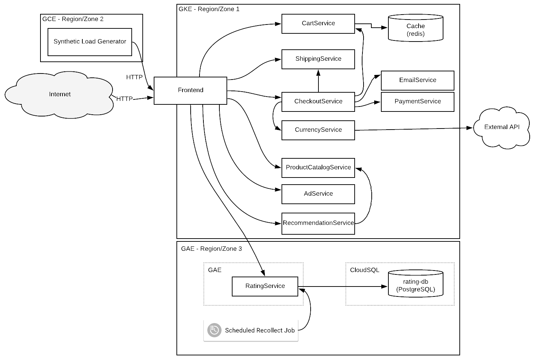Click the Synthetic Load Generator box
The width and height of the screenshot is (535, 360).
pos(90,42)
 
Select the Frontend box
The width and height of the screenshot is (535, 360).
pos(190,91)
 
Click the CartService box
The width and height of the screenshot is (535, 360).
pos(318,24)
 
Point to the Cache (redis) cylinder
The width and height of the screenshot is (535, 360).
pos(415,28)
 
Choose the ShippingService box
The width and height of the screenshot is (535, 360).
pos(318,59)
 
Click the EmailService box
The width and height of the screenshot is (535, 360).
pos(417,81)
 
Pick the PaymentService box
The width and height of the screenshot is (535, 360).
pos(417,102)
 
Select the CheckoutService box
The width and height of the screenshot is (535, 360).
pos(318,102)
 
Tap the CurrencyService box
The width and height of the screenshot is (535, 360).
pos(318,130)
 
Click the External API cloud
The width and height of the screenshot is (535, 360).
pos(502,127)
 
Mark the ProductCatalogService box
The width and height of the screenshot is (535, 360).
pos(318,168)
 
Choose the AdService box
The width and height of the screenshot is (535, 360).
pos(318,194)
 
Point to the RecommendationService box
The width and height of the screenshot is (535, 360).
pos(318,224)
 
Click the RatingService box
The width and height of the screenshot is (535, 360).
pos(265,287)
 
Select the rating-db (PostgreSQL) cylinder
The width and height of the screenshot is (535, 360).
pos(415,284)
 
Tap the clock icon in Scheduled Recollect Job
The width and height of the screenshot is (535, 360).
pos(214,330)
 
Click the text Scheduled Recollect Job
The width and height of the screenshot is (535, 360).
pos(260,331)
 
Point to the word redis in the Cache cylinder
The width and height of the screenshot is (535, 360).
pos(415,34)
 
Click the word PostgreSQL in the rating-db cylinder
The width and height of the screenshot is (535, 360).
pos(415,290)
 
